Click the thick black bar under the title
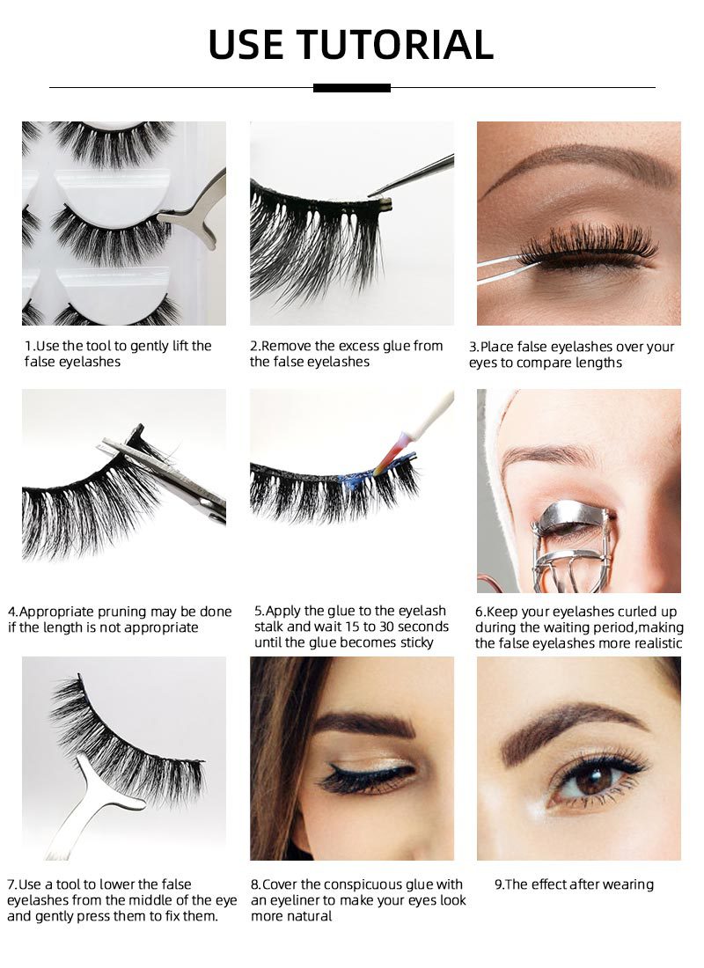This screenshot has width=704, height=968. point(351,88)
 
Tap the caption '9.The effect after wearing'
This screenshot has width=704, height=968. point(574,884)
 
